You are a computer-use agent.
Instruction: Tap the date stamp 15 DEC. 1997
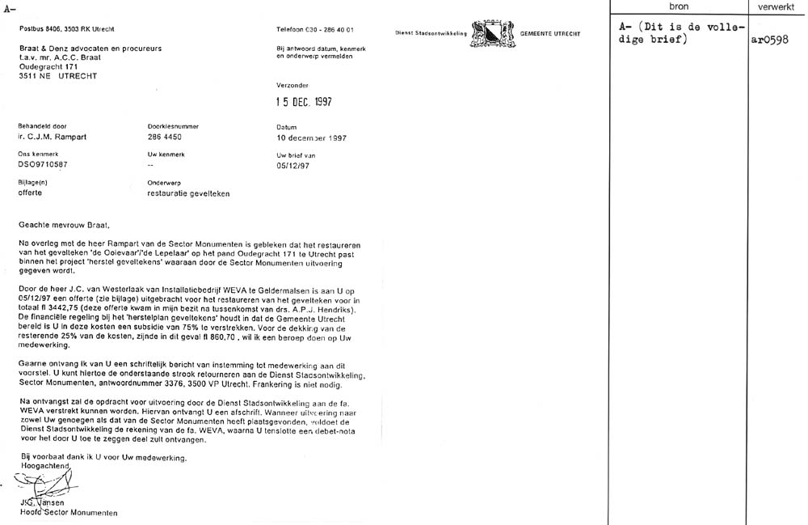pos(304,102)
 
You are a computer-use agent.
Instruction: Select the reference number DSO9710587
pos(44,165)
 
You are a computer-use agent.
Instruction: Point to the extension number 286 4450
pos(166,138)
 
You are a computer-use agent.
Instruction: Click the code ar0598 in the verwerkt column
pos(768,41)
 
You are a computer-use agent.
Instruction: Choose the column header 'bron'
pos(679,6)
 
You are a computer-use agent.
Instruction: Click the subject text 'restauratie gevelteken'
pos(188,193)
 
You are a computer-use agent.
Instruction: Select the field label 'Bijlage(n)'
pos(33,182)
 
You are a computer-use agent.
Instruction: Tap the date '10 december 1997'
pos(311,138)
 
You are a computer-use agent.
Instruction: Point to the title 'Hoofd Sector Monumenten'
pos(69,513)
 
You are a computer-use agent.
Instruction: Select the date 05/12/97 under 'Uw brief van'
pos(292,165)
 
